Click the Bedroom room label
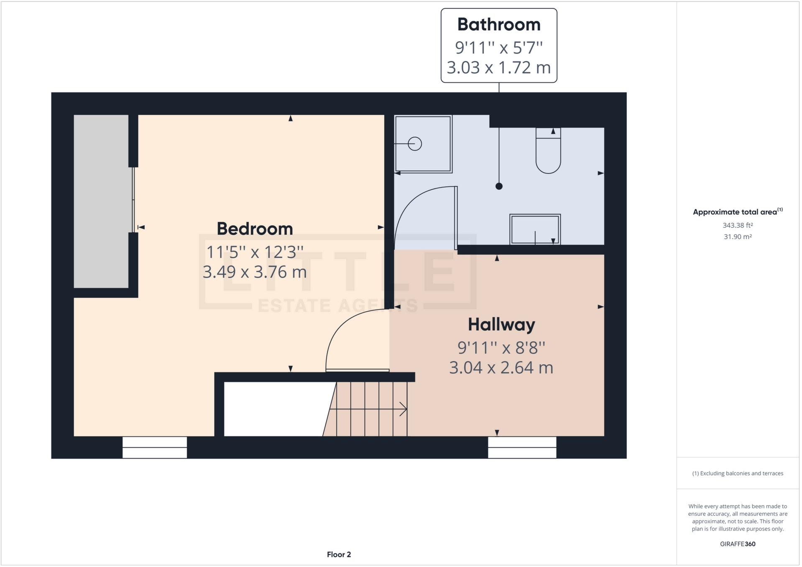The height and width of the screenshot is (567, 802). pos(255,229)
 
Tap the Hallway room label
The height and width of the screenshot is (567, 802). pos(501,325)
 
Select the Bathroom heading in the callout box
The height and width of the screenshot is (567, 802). pos(498,25)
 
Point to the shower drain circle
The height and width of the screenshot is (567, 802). pos(414,144)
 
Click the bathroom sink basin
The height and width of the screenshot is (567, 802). pos(534,229)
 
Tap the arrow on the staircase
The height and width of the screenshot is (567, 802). pos(402,409)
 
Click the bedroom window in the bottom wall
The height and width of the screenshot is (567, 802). pos(154,447)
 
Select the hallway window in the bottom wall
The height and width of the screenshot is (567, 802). pos(522,447)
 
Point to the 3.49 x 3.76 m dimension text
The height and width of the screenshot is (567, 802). pos(255,272)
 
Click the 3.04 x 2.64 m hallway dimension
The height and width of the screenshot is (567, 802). pos(501,368)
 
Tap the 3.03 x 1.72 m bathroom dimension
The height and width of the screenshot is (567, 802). pos(498,67)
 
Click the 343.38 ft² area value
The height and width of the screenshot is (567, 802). pos(738,225)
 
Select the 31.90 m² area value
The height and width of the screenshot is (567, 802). pos(738,237)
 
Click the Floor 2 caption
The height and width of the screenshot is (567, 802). pos(339,554)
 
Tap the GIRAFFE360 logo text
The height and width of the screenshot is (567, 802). pos(738,544)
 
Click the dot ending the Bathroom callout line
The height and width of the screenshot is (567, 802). pos(498,186)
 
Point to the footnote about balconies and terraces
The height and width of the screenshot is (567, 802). pos(738,473)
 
